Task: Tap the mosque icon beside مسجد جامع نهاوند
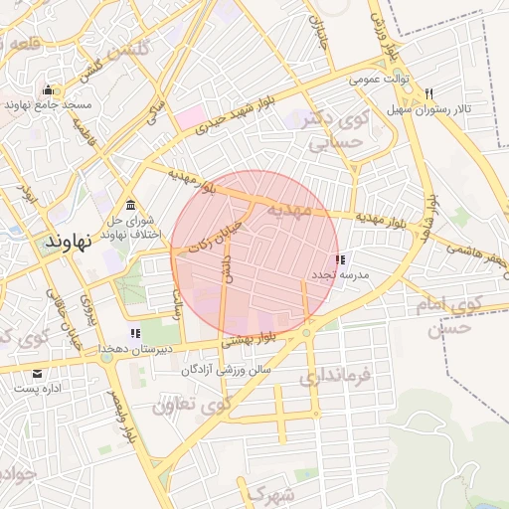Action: pyautogui.click(x=48, y=90)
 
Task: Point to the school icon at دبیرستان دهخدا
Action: pyautogui.click(x=135, y=333)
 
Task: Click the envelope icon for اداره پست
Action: pyautogui.click(x=38, y=374)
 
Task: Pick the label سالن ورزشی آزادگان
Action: pyautogui.click(x=227, y=369)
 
